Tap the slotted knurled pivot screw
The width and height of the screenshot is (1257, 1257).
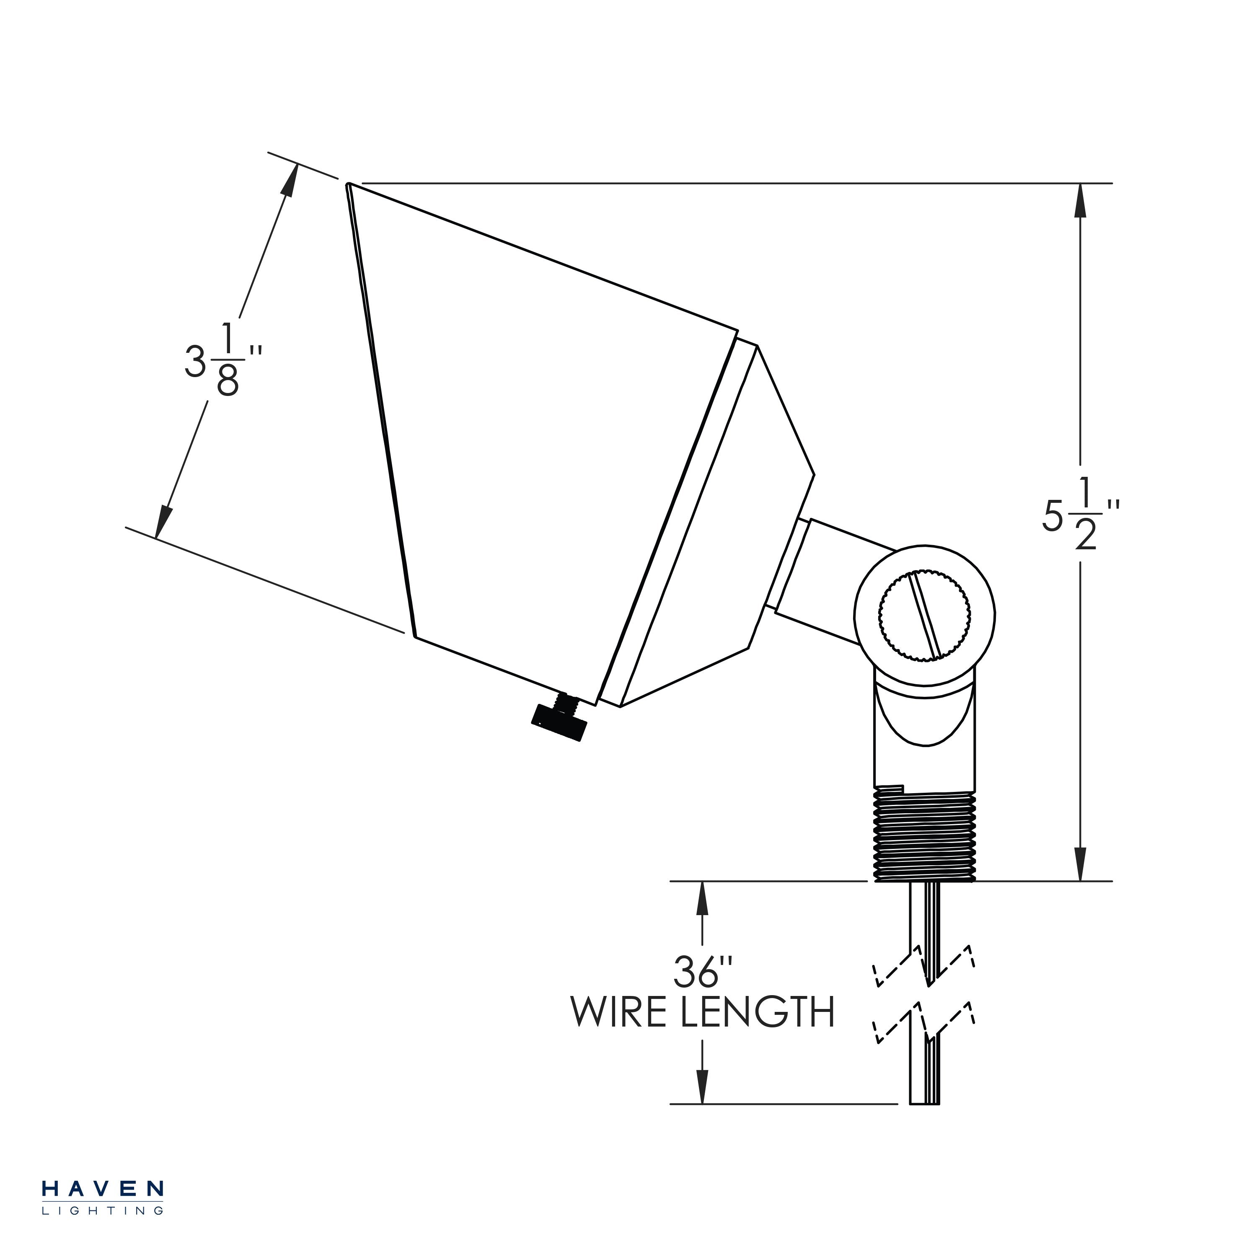click(925, 615)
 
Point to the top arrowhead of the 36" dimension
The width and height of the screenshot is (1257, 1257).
click(702, 900)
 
